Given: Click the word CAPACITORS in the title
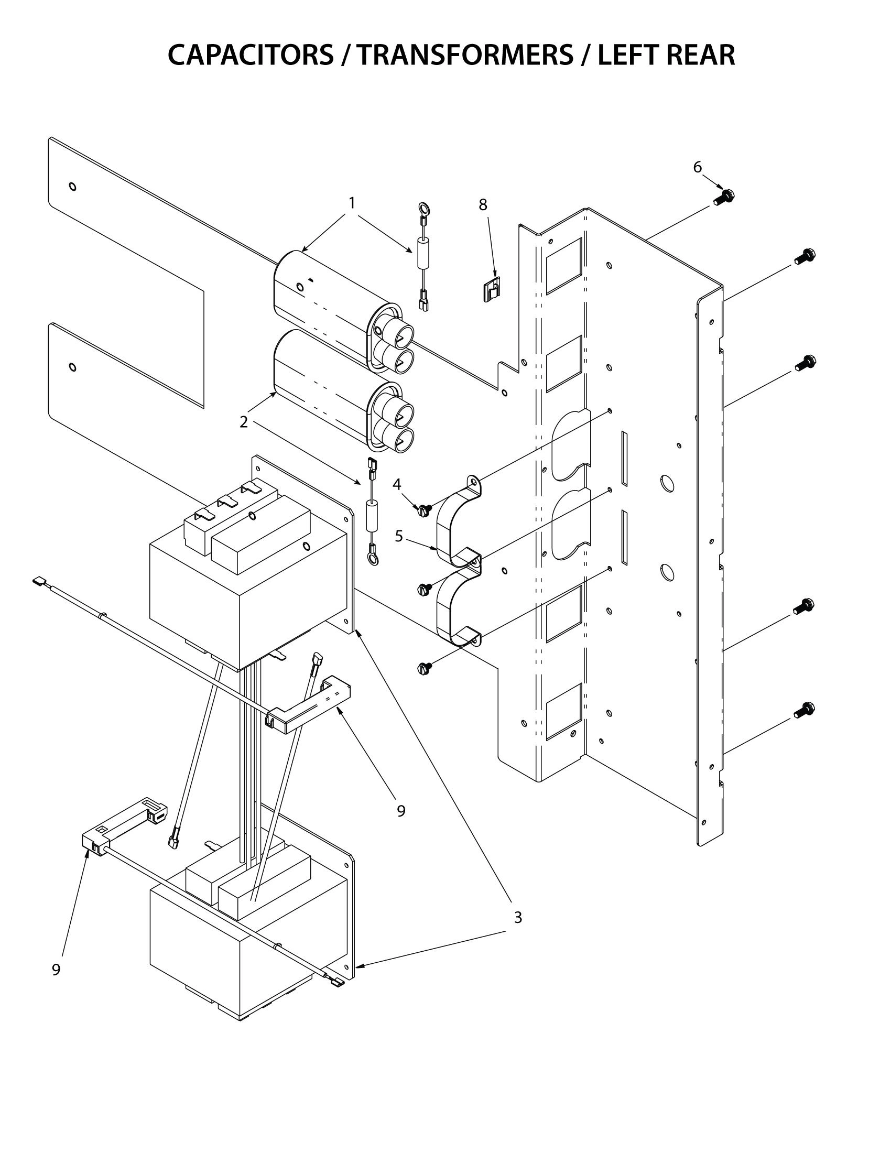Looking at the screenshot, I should pyautogui.click(x=250, y=55).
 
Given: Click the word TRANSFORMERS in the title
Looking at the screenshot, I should pyautogui.click(x=464, y=55).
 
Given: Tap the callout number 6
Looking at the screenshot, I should pyautogui.click(x=697, y=167).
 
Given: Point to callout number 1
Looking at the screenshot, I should pyautogui.click(x=352, y=203).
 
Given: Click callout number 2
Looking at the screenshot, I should pyautogui.click(x=243, y=422).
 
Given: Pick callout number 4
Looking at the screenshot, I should pyautogui.click(x=397, y=484).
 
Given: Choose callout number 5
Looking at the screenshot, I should pyautogui.click(x=399, y=536).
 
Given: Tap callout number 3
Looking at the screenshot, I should pyautogui.click(x=518, y=918).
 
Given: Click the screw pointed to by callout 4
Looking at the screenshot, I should pyautogui.click(x=423, y=509).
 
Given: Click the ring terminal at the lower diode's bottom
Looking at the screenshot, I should pyautogui.click(x=373, y=559).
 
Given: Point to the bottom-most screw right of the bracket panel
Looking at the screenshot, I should pyautogui.click(x=804, y=710).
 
